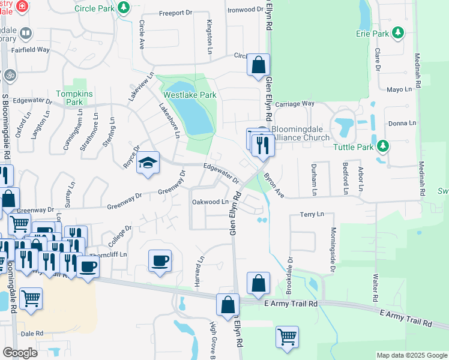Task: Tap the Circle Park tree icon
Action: point(124,8)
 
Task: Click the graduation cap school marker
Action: point(148,163)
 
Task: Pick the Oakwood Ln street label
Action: point(210,202)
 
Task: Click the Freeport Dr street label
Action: point(175,13)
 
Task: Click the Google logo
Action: point(20,353)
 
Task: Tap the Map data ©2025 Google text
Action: point(411,355)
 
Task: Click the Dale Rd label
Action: point(32,333)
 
